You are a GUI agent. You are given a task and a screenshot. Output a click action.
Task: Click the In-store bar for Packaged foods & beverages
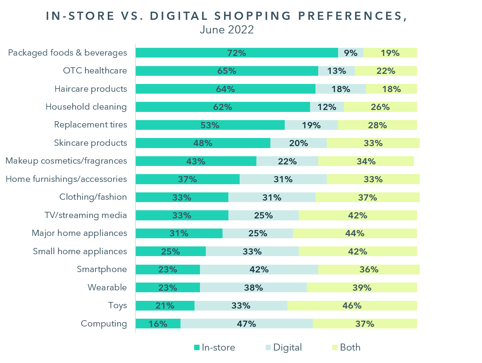(237, 53)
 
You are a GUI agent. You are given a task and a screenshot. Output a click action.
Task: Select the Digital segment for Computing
(246, 324)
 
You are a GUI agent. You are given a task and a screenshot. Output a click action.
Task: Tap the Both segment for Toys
(352, 306)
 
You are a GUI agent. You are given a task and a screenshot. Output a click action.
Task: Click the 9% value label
(351, 53)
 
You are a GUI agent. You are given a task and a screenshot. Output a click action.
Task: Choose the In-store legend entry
(214, 347)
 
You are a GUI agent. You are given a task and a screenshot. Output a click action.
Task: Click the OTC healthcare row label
(95, 71)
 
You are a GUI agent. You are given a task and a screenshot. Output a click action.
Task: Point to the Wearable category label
(107, 288)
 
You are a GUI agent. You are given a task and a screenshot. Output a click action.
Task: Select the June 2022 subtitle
(226, 30)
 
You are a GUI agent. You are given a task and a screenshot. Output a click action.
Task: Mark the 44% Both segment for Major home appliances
(355, 234)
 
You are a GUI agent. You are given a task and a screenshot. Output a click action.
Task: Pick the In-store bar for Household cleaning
(223, 107)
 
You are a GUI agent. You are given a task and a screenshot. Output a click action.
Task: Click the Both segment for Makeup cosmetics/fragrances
(366, 161)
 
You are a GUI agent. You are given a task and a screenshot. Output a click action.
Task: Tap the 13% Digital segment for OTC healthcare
(337, 71)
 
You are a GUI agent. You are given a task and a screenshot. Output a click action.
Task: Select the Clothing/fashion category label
(93, 197)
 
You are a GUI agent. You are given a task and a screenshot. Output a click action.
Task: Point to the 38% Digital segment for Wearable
(253, 288)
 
